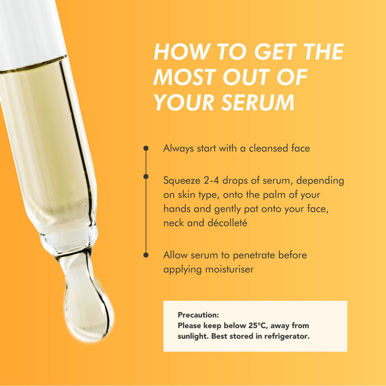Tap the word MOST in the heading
(185, 77)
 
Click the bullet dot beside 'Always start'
(146, 148)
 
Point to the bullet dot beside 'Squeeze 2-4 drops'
(146, 176)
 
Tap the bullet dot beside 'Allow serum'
(146, 255)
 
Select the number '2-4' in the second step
(211, 181)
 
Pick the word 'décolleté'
(227, 223)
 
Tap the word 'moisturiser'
(230, 269)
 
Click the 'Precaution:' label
(198, 315)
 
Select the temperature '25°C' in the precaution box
(257, 325)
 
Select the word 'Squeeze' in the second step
(182, 181)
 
